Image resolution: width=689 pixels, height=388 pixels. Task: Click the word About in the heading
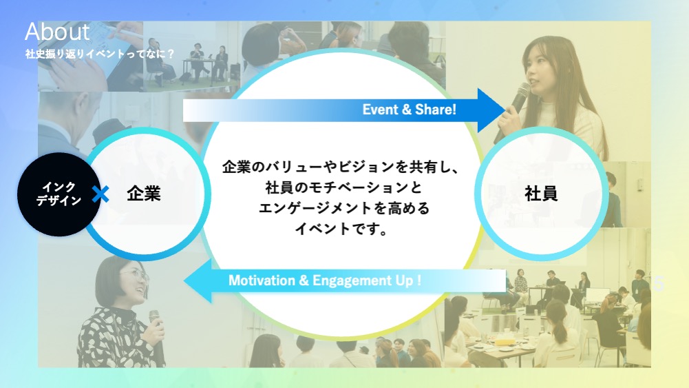tap(57, 32)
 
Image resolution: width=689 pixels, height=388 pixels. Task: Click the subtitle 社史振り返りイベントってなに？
tap(100, 54)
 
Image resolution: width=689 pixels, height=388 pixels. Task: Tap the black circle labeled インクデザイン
tap(59, 194)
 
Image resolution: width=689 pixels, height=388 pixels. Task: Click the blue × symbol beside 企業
tap(100, 194)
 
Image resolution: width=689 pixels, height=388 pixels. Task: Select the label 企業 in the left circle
tap(144, 194)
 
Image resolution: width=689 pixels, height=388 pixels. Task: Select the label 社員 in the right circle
tap(541, 194)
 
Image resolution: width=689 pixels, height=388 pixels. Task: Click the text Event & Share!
tap(409, 110)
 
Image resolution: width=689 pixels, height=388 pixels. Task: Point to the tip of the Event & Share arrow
tap(505, 110)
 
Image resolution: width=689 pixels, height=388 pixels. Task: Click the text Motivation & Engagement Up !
tap(325, 280)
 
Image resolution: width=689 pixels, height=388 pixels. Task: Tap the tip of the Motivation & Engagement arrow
tap(184, 280)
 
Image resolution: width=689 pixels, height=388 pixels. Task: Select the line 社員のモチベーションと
tap(343, 188)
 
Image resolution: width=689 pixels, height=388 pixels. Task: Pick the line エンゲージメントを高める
tap(344, 208)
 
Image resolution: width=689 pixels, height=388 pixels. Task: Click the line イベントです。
tap(341, 229)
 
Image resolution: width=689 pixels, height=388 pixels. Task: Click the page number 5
tap(659, 284)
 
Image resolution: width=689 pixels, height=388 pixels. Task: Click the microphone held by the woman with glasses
tap(156, 334)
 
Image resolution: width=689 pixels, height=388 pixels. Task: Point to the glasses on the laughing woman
tap(136, 276)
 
